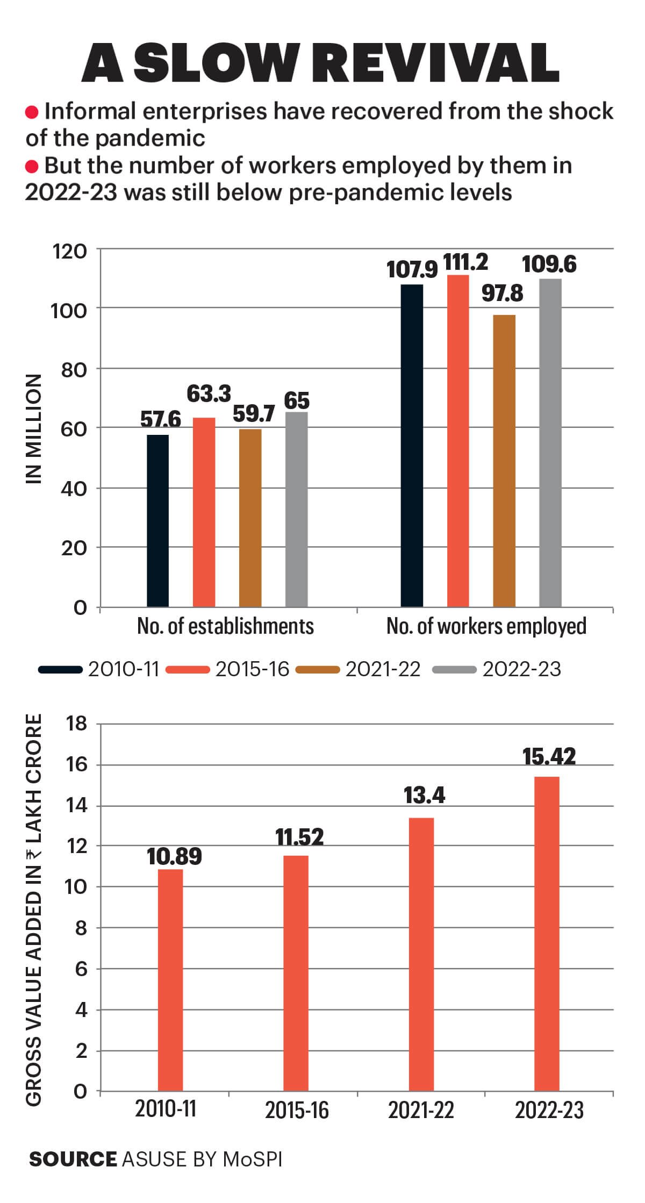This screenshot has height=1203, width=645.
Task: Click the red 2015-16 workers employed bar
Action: click(x=458, y=441)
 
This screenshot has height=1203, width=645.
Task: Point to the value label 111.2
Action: click(x=465, y=262)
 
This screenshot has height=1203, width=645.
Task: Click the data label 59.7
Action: click(x=254, y=414)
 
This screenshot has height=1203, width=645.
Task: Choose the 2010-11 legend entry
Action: click(x=124, y=669)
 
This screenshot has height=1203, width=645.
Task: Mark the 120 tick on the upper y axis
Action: click(x=69, y=251)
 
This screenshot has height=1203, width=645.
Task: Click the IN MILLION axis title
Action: click(x=34, y=428)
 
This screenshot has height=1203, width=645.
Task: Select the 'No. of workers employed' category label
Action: click(x=486, y=627)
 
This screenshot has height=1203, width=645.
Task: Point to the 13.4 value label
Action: click(x=424, y=795)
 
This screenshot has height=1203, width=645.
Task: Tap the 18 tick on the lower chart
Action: click(x=76, y=724)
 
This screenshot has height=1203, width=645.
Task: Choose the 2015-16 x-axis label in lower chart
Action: click(x=297, y=1110)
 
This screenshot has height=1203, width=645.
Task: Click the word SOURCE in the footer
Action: click(x=73, y=1159)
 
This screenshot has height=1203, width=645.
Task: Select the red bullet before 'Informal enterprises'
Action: click(x=32, y=112)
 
